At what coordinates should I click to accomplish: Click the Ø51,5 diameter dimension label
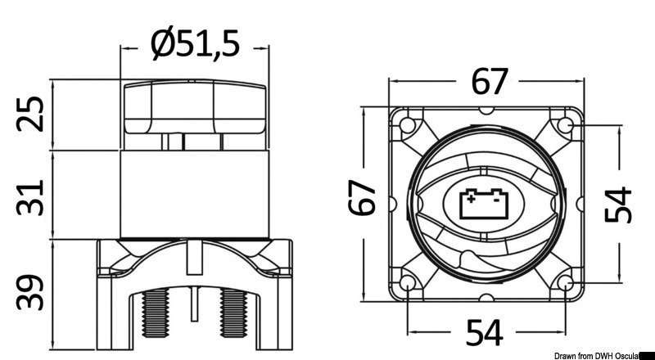tap(196, 42)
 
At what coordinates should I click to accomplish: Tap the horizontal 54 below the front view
tap(485, 331)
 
